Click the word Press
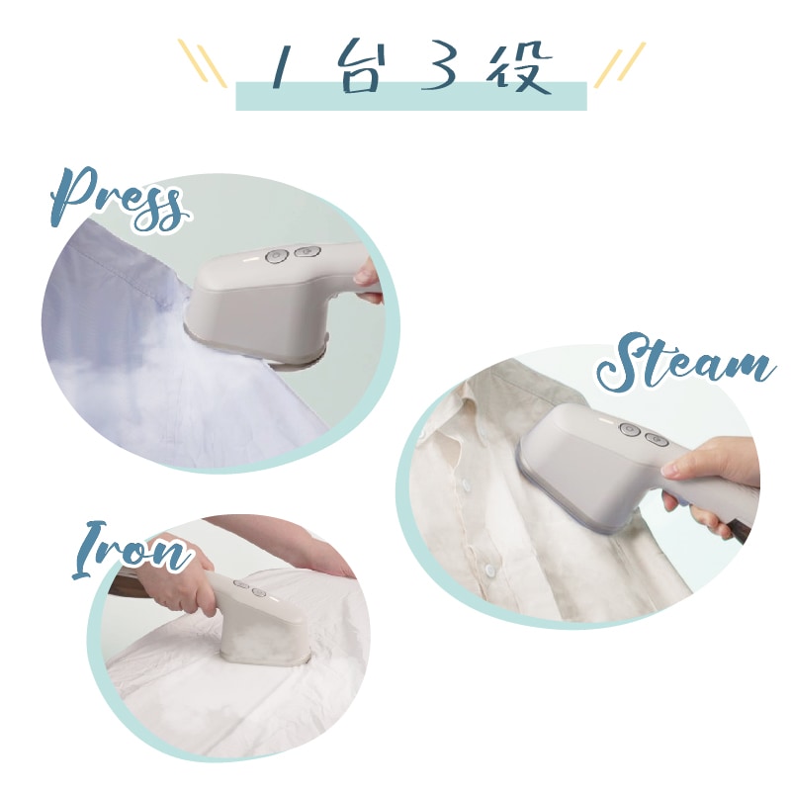coord(119,201)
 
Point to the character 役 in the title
coord(520,68)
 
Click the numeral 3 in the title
coord(438,68)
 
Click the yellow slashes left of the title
coord(203,63)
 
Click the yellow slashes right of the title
coord(620,64)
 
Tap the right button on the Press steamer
coord(307,251)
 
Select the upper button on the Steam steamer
coord(630,430)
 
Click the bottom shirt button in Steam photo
coord(490,571)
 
